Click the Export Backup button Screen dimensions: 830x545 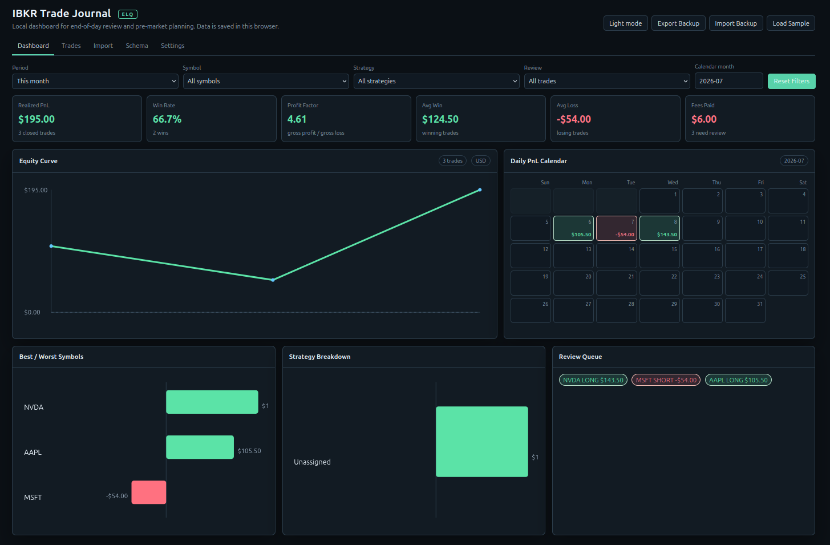[678, 23]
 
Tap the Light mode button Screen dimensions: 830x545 [625, 23]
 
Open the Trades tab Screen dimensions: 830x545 [71, 46]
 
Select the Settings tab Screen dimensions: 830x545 [173, 46]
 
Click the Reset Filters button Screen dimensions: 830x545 [791, 81]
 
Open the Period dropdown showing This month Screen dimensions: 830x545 [95, 81]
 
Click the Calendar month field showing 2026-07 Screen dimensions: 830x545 [728, 81]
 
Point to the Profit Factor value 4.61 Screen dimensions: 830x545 [297, 119]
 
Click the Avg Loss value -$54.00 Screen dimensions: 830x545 [574, 119]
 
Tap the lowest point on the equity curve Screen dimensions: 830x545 [273, 280]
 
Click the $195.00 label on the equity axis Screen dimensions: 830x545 [35, 190]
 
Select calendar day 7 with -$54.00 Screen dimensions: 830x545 [617, 228]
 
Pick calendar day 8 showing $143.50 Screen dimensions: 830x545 [659, 228]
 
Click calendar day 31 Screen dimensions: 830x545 [745, 310]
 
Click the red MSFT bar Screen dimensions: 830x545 [149, 492]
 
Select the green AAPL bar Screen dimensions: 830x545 [200, 447]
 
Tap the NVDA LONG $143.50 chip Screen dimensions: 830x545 [593, 380]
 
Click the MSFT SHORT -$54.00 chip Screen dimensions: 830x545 [666, 380]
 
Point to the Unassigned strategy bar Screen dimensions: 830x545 [482, 442]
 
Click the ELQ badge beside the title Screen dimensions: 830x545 [127, 14]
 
